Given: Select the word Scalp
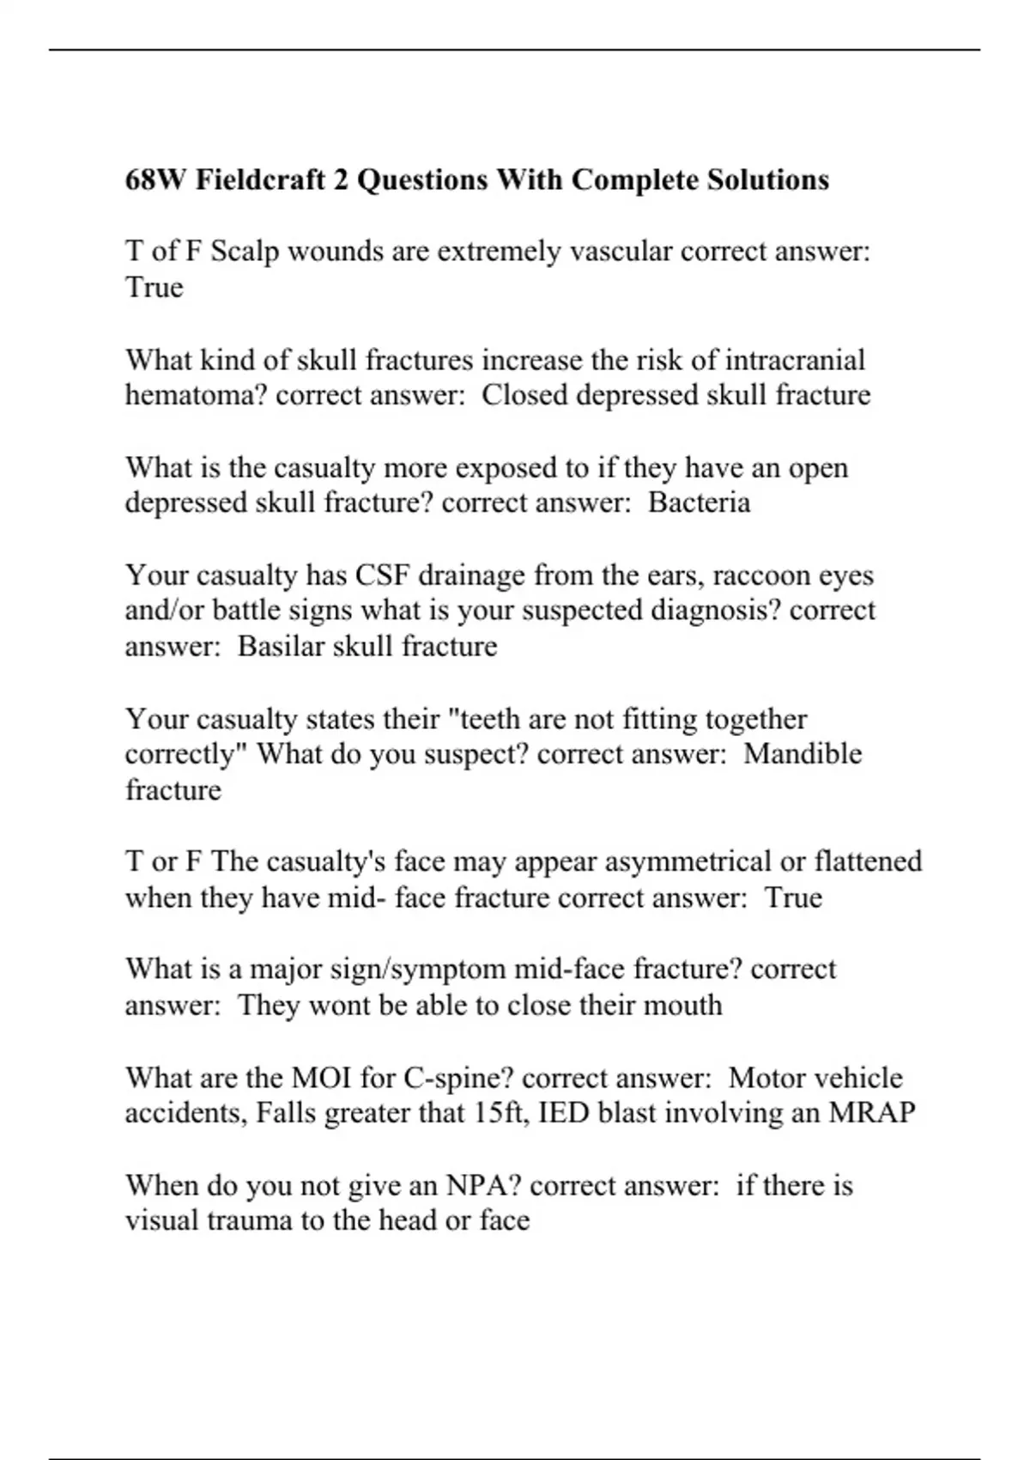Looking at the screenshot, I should point(245,252).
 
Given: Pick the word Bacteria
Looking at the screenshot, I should point(699,502).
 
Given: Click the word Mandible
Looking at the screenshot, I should point(803,754).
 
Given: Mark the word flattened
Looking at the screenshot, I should point(868,861).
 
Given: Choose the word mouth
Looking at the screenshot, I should point(682,1005).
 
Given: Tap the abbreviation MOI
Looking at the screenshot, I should point(322,1077).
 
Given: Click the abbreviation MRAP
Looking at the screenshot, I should point(871,1113).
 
